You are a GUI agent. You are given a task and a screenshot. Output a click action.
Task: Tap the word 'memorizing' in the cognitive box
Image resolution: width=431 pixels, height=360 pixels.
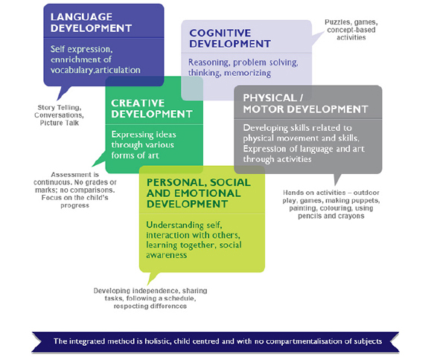tap(244, 74)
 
